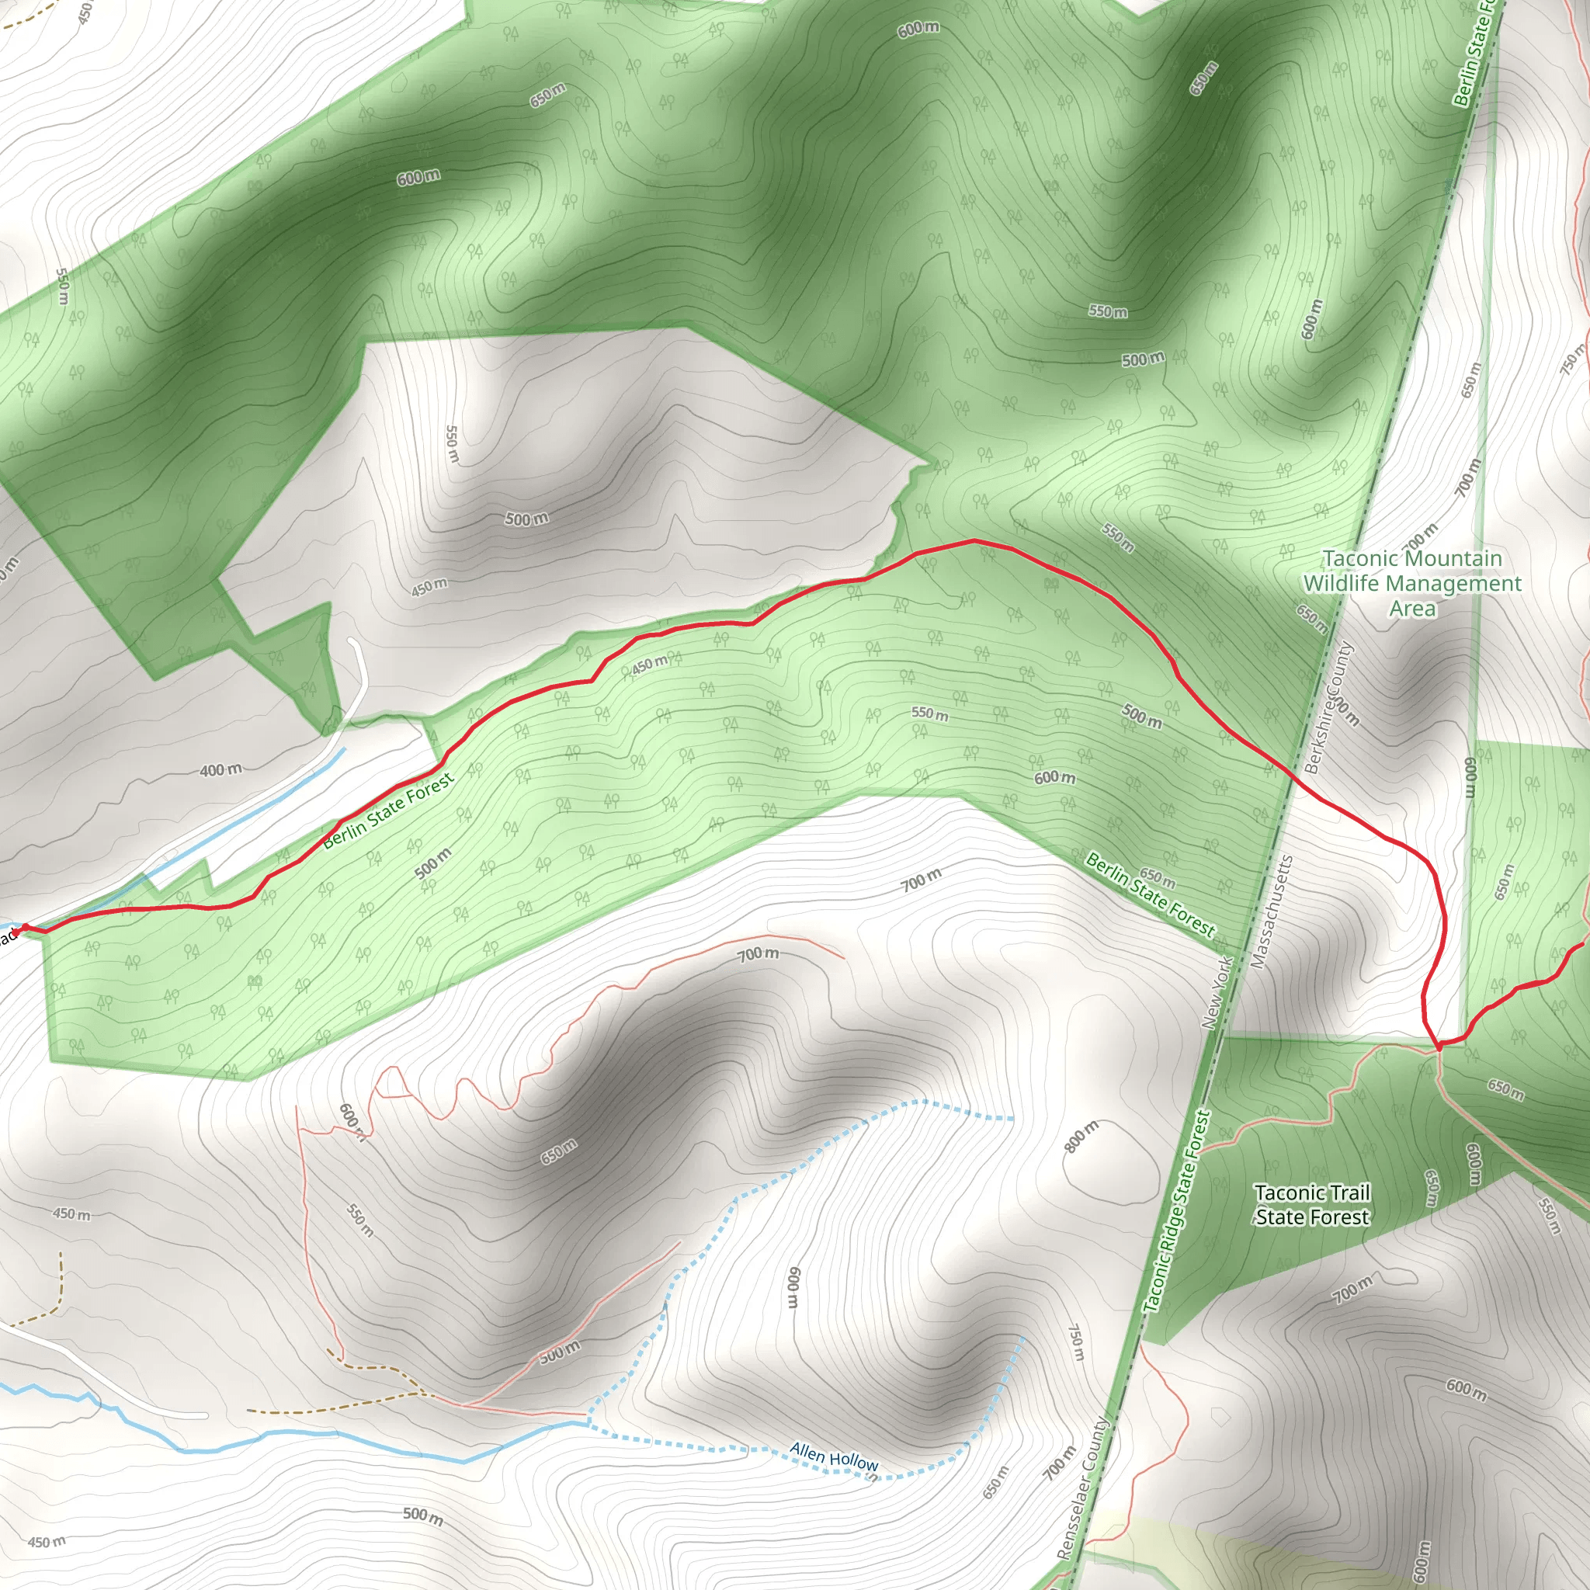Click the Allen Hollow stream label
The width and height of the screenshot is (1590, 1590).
pyautogui.click(x=834, y=1456)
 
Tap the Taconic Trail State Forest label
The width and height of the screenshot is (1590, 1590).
pyautogui.click(x=1312, y=1205)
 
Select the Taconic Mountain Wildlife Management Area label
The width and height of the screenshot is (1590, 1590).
pyautogui.click(x=1412, y=584)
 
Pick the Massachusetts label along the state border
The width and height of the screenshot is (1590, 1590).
pyautogui.click(x=1272, y=912)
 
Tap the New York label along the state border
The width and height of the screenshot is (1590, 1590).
pyautogui.click(x=1217, y=991)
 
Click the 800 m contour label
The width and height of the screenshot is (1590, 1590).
pyautogui.click(x=1081, y=1137)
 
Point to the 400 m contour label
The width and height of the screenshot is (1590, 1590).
pyautogui.click(x=220, y=770)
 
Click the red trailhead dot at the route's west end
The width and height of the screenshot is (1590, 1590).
pyautogui.click(x=25, y=929)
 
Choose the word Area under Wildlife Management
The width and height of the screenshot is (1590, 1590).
pyautogui.click(x=1412, y=609)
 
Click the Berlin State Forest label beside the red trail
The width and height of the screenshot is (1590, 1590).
pyautogui.click(x=387, y=811)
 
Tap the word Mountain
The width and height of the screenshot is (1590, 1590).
pyautogui.click(x=1412, y=558)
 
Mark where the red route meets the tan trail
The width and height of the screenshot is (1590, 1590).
pyautogui.click(x=1438, y=1046)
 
